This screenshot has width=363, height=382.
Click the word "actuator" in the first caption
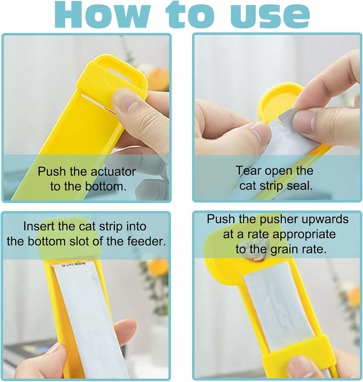113,172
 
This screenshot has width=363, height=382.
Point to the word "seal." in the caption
300,186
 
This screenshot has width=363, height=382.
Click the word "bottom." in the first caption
106,187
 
